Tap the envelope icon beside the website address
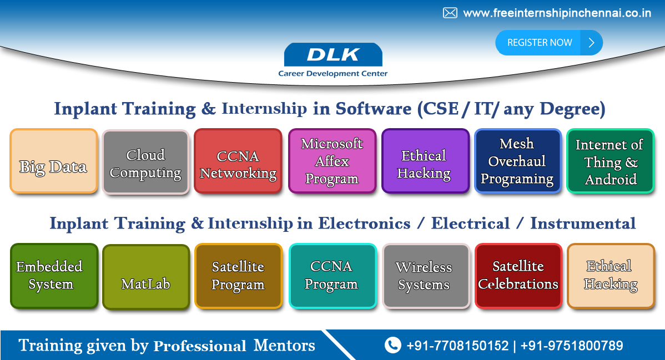click(x=450, y=13)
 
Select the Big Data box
click(x=54, y=161)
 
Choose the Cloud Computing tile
click(x=145, y=162)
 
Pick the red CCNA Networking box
click(x=238, y=161)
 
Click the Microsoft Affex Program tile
click(x=332, y=161)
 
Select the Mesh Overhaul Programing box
click(x=517, y=161)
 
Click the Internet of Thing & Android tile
click(x=610, y=161)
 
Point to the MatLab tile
click(x=146, y=277)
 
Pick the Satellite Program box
click(x=238, y=276)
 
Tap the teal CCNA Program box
click(x=332, y=276)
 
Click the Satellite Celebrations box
click(x=518, y=276)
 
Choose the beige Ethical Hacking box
click(x=610, y=276)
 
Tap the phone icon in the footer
click(x=392, y=345)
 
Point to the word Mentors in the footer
click(x=284, y=345)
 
